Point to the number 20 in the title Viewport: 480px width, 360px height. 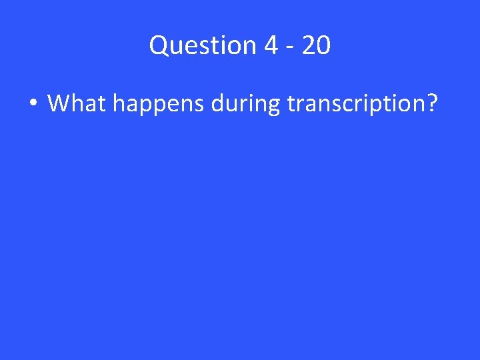(x=315, y=45)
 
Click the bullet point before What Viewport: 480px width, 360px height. (x=33, y=104)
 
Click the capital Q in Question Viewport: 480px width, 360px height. (x=159, y=45)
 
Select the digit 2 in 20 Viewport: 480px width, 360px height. (x=307, y=45)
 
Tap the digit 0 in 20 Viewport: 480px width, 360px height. (x=323, y=45)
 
